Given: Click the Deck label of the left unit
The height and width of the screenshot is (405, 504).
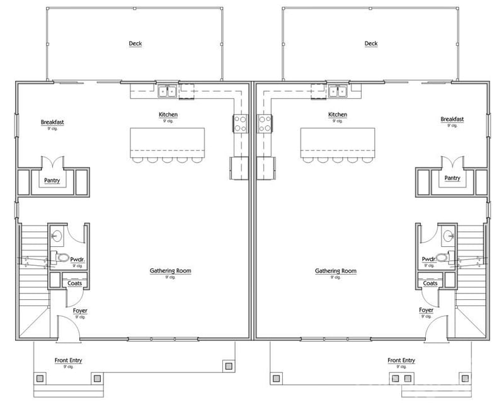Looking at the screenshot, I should pyautogui.click(x=135, y=43).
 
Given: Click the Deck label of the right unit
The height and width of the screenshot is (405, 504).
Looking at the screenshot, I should pyautogui.click(x=371, y=43).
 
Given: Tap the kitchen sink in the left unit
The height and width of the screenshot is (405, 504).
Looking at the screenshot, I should pyautogui.click(x=168, y=92).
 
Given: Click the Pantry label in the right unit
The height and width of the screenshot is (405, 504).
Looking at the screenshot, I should pyautogui.click(x=452, y=178).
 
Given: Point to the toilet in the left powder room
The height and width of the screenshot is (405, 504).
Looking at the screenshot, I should pyautogui.click(x=60, y=258).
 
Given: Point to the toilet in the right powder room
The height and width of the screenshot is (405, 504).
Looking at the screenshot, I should pyautogui.click(x=444, y=258).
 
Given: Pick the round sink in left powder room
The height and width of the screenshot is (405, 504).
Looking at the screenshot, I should pyautogui.click(x=57, y=237).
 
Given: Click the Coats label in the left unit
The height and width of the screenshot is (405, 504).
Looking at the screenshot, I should pyautogui.click(x=75, y=283).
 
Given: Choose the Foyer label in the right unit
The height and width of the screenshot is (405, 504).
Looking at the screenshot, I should pyautogui.click(x=427, y=311).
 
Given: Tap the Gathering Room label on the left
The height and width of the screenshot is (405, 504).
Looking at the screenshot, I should pyautogui.click(x=170, y=271).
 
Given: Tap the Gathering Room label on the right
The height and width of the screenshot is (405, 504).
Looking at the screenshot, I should pyautogui.click(x=336, y=271).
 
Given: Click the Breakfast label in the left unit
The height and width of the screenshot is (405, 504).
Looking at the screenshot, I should pyautogui.click(x=52, y=122).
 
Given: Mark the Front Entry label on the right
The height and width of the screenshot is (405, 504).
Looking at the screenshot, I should pyautogui.click(x=401, y=360).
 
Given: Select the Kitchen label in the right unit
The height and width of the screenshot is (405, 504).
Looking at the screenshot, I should pyautogui.click(x=338, y=115).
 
